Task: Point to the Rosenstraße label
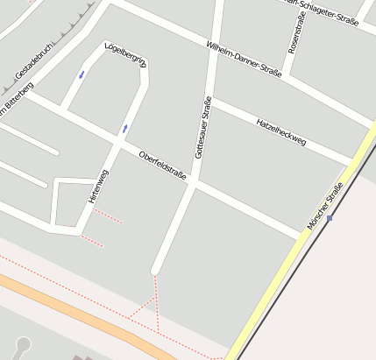point(295,32)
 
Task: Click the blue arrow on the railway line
point(330,217)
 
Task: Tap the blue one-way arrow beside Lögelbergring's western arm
point(82,74)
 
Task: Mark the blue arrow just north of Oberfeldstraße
point(125,129)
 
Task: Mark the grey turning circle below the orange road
point(23,344)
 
